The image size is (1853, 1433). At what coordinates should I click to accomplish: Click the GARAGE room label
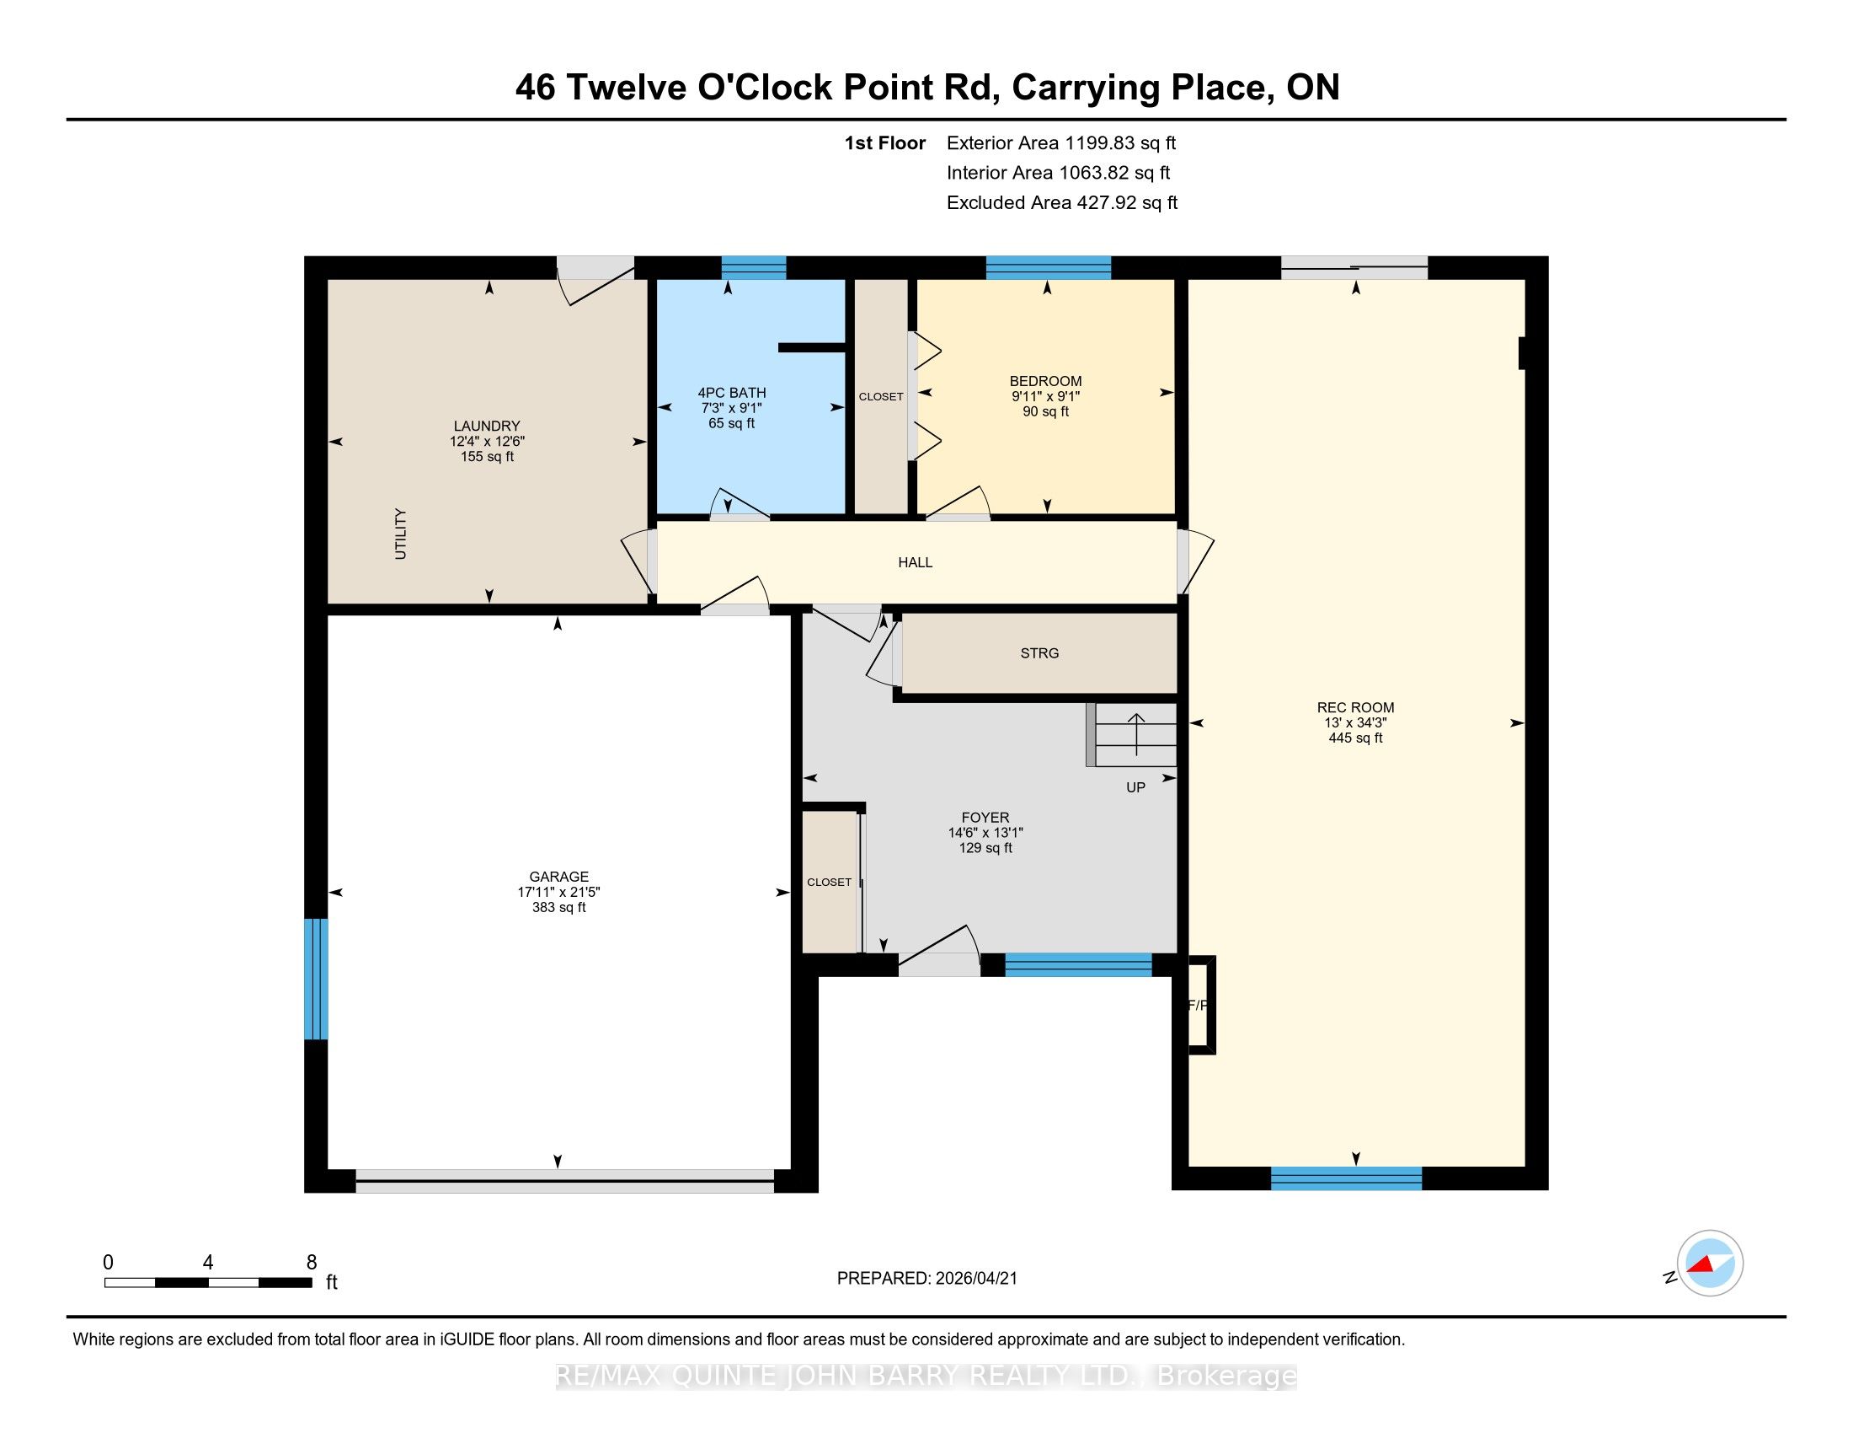(558, 877)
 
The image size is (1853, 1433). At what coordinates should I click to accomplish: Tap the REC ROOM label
(1355, 707)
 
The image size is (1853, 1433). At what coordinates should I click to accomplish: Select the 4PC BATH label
(731, 392)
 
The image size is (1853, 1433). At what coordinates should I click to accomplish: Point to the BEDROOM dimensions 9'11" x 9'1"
(1045, 396)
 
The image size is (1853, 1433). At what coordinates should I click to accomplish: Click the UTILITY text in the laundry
(400, 534)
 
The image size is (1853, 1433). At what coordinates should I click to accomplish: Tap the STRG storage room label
(1039, 652)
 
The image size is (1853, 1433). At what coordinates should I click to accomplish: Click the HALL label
(916, 562)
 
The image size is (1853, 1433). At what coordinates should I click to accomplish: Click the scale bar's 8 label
(312, 1263)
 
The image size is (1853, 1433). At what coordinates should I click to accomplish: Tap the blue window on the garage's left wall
(316, 979)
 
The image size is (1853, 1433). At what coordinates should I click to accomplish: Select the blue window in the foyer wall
(1078, 965)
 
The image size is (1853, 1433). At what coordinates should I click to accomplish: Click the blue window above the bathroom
(754, 267)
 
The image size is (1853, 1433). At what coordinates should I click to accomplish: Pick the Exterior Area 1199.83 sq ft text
(1061, 142)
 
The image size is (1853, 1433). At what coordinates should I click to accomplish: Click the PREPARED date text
(926, 1279)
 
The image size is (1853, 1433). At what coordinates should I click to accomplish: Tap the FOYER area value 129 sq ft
(985, 848)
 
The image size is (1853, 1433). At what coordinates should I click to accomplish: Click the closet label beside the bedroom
(881, 396)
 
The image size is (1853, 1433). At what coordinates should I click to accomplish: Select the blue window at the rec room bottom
(1347, 1178)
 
